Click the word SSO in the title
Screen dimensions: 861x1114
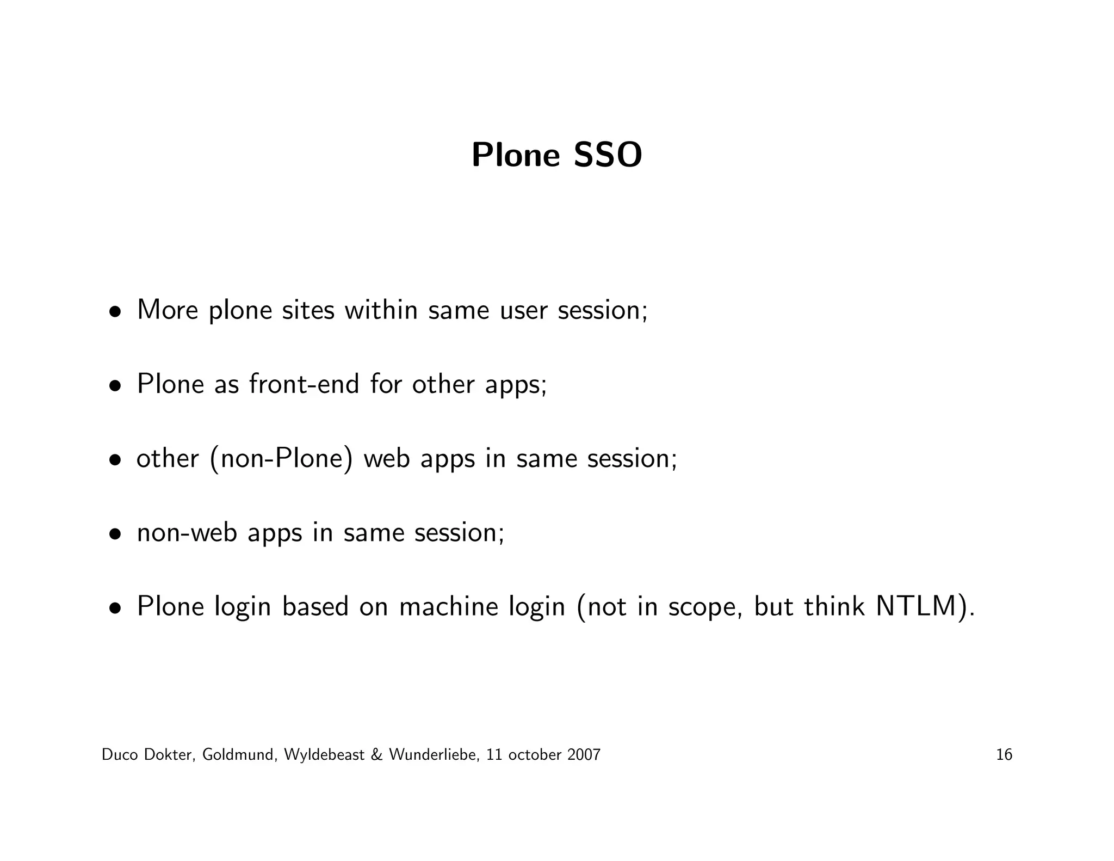click(608, 156)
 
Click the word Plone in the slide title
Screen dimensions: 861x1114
click(515, 156)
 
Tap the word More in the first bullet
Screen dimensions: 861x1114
click(168, 310)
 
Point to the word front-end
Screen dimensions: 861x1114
click(304, 384)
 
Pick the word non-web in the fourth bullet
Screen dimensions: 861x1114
click(187, 532)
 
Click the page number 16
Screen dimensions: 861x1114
click(1004, 755)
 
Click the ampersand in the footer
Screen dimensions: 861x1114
click(376, 755)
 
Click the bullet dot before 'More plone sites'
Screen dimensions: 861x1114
click(114, 312)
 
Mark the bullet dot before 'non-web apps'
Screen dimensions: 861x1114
click(114, 534)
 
